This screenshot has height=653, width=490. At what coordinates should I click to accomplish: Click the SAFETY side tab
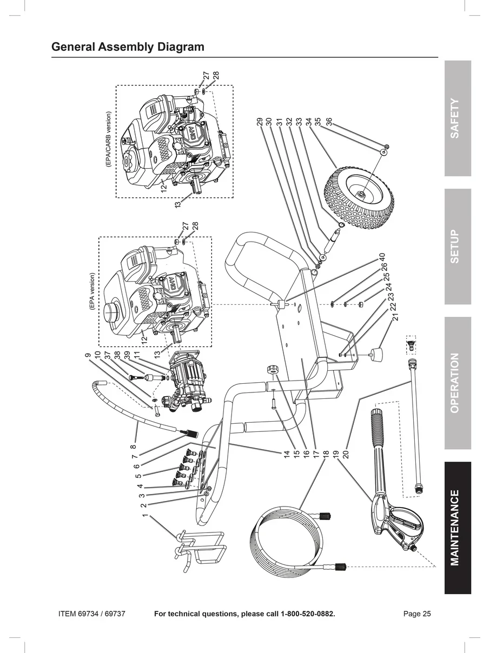click(458, 118)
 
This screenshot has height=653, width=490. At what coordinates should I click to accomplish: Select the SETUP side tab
click(458, 246)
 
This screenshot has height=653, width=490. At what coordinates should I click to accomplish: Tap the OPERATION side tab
click(458, 383)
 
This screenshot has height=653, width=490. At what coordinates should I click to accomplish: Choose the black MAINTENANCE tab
click(458, 528)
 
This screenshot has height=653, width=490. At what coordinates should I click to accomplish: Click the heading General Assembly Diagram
click(128, 47)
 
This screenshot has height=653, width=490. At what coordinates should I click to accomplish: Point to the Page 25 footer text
click(417, 614)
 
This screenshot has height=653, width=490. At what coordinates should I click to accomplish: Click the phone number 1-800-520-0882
click(307, 614)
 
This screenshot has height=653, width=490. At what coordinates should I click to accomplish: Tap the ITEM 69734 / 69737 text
click(92, 614)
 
